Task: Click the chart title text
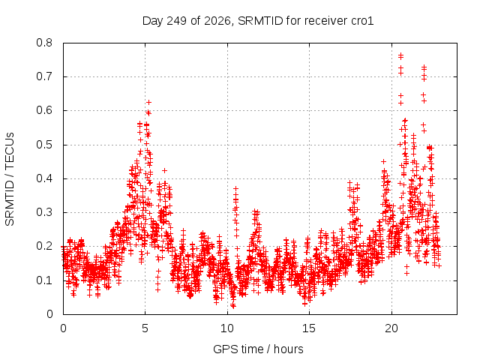point(258,21)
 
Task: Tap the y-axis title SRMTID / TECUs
point(10,179)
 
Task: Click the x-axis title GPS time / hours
point(258,349)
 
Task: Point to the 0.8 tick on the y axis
point(44,43)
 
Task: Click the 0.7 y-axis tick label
point(44,76)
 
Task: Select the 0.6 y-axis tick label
point(44,110)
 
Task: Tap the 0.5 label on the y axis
point(44,145)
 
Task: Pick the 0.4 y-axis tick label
point(44,178)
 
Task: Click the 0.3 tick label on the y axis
point(44,212)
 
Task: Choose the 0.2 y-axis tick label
point(44,247)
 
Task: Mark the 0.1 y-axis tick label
point(44,280)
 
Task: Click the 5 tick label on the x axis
point(145,328)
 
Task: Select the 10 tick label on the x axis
point(227,328)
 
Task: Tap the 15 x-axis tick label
point(309,328)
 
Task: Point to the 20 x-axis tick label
point(391,328)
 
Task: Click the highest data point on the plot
point(400,55)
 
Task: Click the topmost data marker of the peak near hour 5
point(148,102)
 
